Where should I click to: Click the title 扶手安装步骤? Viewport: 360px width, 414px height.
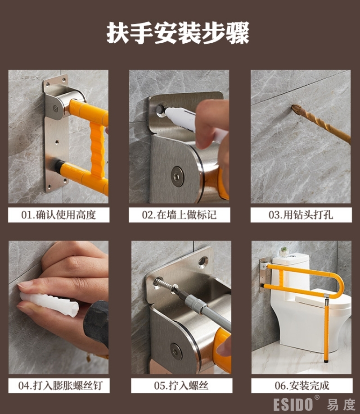pos(178,33)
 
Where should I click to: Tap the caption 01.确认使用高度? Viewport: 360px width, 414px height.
pos(58,215)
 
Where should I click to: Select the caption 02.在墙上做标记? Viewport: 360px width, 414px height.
pos(180,215)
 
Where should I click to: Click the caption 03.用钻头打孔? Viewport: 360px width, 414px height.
pos(301,215)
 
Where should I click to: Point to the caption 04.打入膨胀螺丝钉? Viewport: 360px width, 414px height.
pos(60,386)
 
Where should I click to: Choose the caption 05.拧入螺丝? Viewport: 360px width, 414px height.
pos(181,386)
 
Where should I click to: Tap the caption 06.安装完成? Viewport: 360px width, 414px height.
pos(302,386)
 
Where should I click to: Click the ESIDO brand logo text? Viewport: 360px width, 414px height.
pos(293,404)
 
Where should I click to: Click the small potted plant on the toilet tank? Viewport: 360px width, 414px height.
pos(284,252)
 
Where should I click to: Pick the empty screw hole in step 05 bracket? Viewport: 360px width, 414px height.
pos(203,261)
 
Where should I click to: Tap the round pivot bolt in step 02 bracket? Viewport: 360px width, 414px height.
pos(177,177)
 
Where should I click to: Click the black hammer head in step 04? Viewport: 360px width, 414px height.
pos(96,323)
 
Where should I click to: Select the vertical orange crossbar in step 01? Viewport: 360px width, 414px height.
pos(97,150)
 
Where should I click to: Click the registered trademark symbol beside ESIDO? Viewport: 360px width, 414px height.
pos(317,397)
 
